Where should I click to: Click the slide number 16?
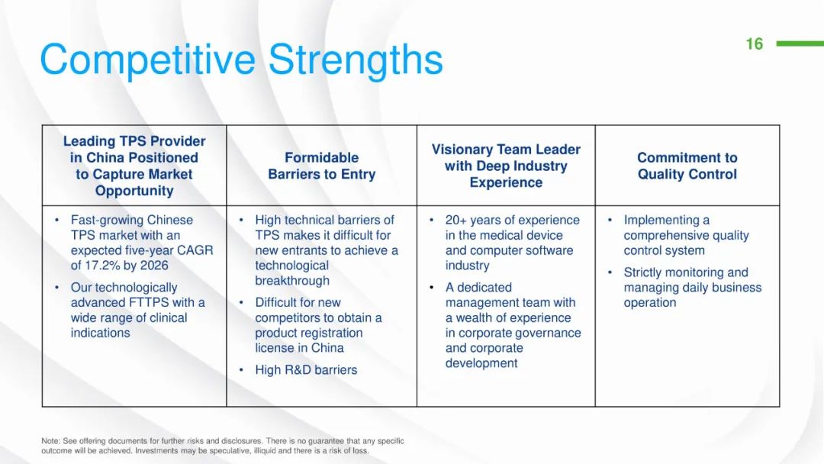[x=754, y=43]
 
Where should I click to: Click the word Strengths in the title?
[x=356, y=60]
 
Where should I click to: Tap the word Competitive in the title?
[x=148, y=60]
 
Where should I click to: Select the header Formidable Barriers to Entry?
[x=322, y=166]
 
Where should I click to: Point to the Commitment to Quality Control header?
[x=687, y=166]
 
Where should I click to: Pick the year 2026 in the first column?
[x=154, y=266]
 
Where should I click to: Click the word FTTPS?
[x=149, y=303]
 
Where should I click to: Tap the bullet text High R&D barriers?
[x=306, y=370]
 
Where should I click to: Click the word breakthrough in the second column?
[x=292, y=281]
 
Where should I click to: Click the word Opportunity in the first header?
[x=134, y=190]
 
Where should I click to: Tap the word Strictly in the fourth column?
[x=645, y=272]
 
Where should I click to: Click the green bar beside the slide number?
[x=800, y=43]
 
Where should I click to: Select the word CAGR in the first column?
[x=195, y=250]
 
